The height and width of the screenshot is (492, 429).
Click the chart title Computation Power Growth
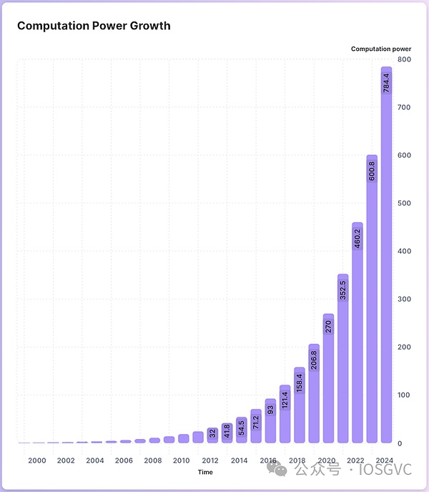[x=94, y=26]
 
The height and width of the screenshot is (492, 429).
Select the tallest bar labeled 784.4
[x=386, y=258]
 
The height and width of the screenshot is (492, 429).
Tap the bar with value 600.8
[x=372, y=301]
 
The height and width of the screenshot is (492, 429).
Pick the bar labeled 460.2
[x=357, y=337]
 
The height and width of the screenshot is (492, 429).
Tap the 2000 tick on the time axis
[x=37, y=460]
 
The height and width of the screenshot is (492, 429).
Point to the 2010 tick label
[x=181, y=460]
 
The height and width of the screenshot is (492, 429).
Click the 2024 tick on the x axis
[x=384, y=460]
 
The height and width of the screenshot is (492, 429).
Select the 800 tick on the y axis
[x=405, y=59]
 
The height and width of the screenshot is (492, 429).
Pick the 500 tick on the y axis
[x=405, y=203]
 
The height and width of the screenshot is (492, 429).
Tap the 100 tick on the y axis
[x=405, y=395]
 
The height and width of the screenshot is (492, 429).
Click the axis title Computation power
[x=381, y=49]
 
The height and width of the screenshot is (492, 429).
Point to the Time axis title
[x=205, y=472]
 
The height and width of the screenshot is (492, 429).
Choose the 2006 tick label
[x=124, y=460]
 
